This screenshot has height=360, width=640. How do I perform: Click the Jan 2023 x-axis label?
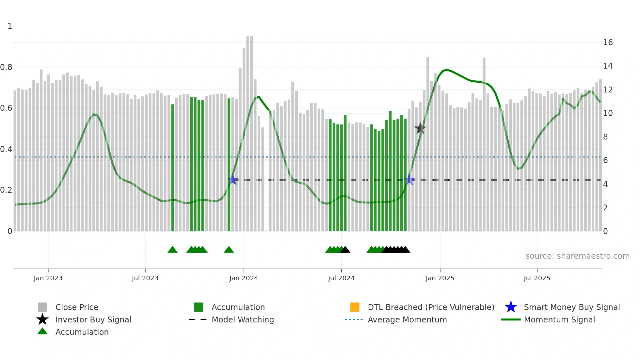(x=48, y=278)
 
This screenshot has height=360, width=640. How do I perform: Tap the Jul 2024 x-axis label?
(x=341, y=278)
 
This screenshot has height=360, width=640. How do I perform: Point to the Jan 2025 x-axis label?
(x=440, y=278)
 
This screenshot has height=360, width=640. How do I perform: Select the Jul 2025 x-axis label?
(x=537, y=278)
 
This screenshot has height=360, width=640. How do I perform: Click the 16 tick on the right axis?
(x=608, y=42)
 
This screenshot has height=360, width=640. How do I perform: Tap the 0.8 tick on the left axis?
(x=6, y=67)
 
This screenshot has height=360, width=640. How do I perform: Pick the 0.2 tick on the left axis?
(x=6, y=190)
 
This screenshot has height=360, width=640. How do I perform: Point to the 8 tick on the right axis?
(x=605, y=137)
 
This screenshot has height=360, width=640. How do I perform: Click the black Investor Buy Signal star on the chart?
(x=420, y=129)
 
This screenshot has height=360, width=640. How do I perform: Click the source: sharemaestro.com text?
(x=577, y=256)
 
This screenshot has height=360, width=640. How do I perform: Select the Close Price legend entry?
(x=77, y=307)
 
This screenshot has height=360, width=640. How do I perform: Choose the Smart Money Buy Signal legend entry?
(x=571, y=307)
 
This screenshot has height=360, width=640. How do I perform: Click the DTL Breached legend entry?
(x=431, y=307)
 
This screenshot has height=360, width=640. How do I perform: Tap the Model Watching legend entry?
(x=242, y=319)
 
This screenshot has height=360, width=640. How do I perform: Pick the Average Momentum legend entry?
(x=407, y=319)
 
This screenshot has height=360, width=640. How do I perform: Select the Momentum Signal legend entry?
(x=559, y=319)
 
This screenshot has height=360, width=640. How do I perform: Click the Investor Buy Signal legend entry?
(x=93, y=319)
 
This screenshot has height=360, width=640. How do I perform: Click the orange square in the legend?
(x=355, y=307)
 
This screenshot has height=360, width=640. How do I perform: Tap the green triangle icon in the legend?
(x=42, y=332)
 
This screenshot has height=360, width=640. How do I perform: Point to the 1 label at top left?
(x=10, y=26)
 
